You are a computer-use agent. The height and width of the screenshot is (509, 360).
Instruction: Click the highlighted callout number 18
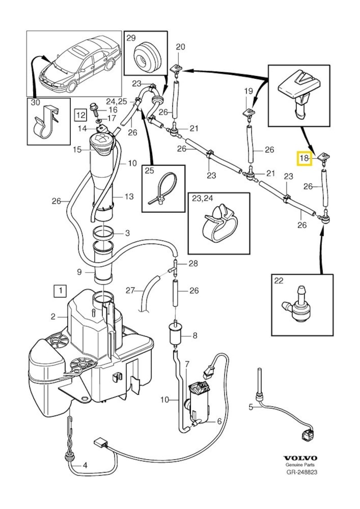click(305, 158)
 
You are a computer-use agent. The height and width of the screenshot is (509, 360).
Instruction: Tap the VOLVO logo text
click(301, 458)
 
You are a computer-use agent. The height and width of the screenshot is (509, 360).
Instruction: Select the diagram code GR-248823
click(301, 473)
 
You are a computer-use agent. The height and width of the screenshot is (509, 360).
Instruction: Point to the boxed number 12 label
click(80, 115)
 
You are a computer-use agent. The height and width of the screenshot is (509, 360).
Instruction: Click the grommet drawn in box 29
click(146, 57)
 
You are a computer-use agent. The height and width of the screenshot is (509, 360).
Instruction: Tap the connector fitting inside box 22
click(299, 306)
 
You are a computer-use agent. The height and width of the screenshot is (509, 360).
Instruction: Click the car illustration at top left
click(76, 63)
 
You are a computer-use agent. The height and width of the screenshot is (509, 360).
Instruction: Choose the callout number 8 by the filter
click(195, 335)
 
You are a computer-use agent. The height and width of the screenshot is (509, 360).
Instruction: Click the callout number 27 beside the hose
click(130, 291)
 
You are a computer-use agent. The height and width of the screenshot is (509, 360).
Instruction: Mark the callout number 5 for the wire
click(251, 407)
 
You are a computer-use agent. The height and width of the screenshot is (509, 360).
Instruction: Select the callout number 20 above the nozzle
click(180, 47)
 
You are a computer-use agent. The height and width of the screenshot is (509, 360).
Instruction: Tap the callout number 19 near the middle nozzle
click(249, 91)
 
